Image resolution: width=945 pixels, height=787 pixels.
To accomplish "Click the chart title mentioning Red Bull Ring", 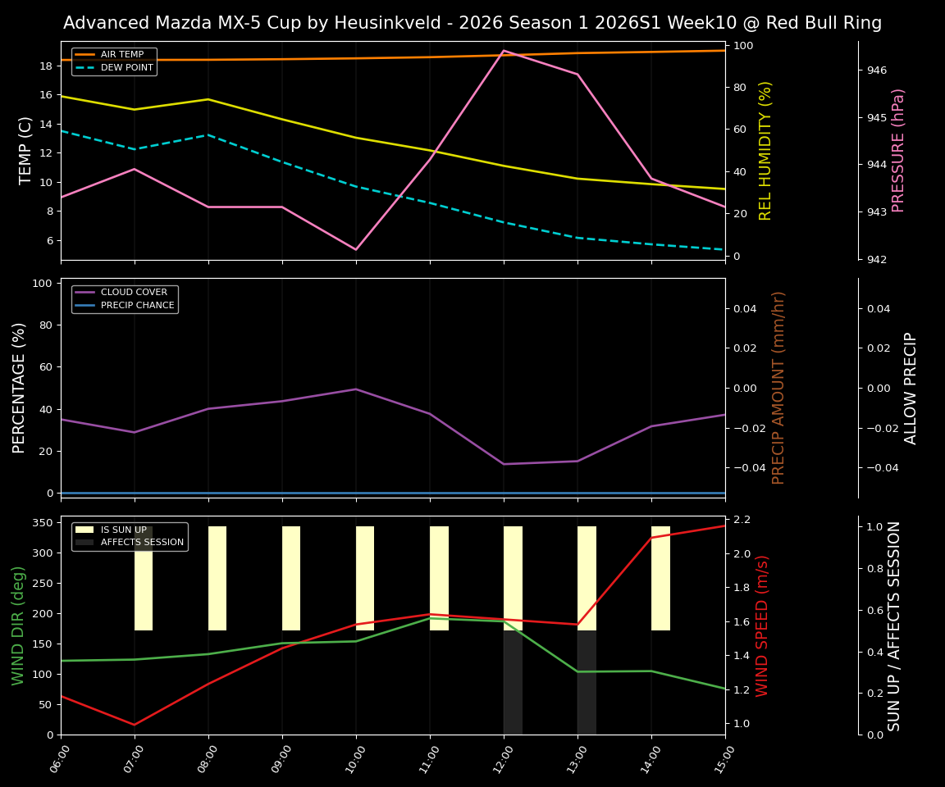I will [472, 23].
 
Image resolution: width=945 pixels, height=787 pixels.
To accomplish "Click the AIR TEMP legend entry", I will [121, 54].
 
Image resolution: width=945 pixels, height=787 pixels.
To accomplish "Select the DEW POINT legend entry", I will [126, 67].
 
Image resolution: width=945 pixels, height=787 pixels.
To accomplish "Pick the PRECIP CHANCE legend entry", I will [136, 305].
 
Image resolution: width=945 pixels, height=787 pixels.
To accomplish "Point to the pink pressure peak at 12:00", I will [504, 51].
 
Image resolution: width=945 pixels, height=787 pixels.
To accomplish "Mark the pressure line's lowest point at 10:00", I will [356, 249].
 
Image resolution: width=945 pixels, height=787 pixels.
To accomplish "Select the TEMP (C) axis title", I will [26, 150].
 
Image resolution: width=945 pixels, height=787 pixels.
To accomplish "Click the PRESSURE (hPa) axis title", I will [898, 150].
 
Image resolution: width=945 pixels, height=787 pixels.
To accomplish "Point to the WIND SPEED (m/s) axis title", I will [763, 625].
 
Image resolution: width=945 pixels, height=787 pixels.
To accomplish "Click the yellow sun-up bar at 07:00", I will [144, 578].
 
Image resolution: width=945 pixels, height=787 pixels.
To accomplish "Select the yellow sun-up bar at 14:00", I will [660, 578].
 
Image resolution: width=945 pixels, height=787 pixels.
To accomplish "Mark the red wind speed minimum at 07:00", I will [135, 725].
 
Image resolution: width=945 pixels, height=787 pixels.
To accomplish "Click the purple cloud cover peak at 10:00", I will [356, 389].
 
